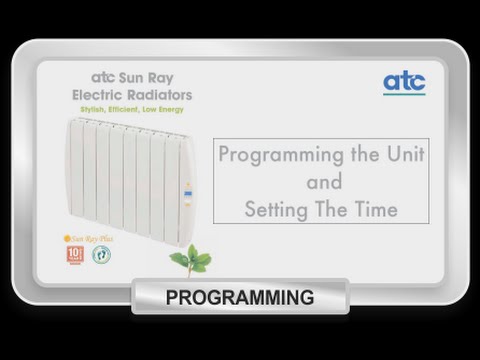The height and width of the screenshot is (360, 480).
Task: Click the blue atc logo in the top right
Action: (404, 82)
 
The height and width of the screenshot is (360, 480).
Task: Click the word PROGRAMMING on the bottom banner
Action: (240, 297)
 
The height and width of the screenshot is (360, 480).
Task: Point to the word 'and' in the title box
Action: (322, 184)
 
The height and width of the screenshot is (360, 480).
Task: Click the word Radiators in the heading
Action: (157, 94)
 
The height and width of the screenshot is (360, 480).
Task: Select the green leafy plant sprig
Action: (190, 259)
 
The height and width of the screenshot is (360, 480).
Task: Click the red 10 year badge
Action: (75, 254)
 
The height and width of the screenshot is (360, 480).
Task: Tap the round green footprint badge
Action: (101, 254)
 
